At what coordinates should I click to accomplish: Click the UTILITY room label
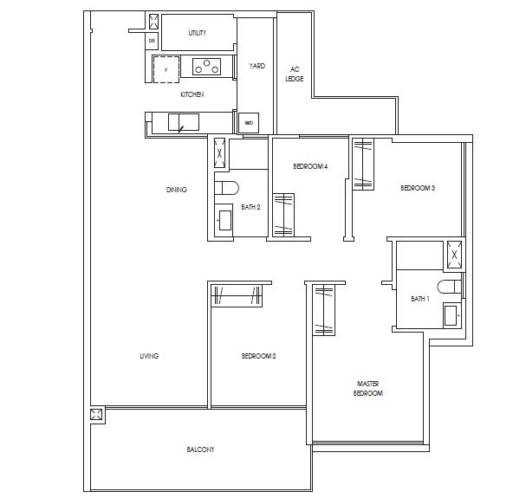coord(197,33)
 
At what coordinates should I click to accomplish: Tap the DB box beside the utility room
coord(152,41)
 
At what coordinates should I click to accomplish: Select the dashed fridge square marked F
coord(165,68)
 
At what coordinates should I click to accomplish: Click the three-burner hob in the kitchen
coord(208,65)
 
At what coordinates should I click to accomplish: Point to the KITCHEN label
coord(192,94)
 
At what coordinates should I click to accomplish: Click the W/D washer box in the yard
coord(249,123)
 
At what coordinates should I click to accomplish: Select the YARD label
coord(256,66)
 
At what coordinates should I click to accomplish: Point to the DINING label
coord(177,190)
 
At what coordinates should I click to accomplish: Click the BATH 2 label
coord(250,207)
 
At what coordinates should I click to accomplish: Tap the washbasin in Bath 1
coord(451,314)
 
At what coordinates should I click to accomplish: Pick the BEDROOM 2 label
coord(258,356)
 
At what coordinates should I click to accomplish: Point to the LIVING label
coord(150,356)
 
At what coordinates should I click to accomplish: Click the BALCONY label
coord(199,449)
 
